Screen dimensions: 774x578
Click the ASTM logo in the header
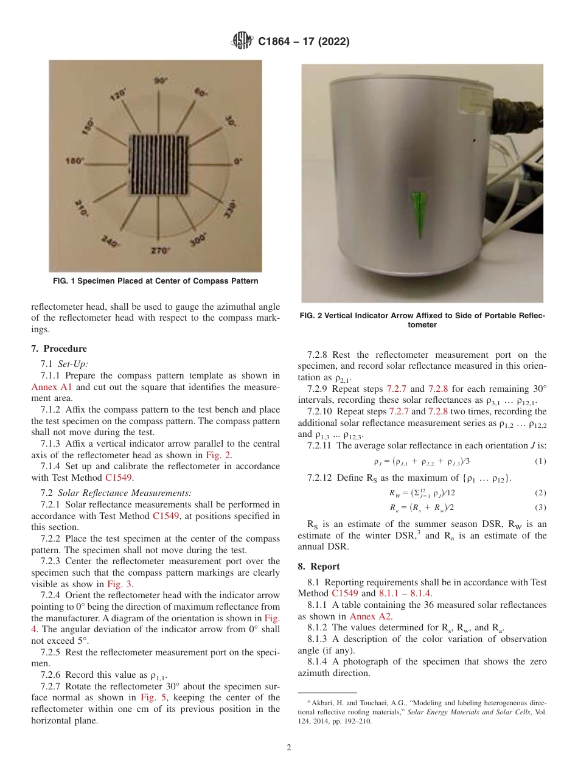click(243, 42)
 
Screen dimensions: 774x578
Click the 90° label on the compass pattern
click(161, 80)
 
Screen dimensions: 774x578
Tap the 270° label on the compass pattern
click(161, 250)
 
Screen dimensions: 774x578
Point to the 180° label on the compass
click(75, 162)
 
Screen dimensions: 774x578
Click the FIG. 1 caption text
click(155, 281)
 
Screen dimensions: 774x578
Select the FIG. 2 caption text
click(422, 320)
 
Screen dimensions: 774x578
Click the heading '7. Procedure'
click(59, 349)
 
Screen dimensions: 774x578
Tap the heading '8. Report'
click(319, 566)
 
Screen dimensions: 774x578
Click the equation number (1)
click(540, 461)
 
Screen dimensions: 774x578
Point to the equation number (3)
click(540, 507)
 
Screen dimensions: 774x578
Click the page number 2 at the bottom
click(289, 747)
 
